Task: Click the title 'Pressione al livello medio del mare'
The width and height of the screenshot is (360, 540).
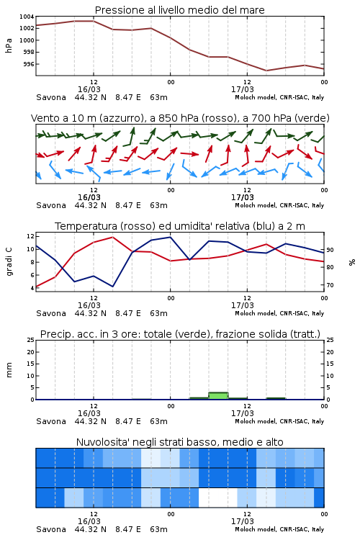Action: click(x=179, y=10)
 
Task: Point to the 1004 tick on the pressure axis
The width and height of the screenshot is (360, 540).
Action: click(x=27, y=17)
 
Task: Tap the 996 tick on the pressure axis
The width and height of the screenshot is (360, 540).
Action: click(x=29, y=64)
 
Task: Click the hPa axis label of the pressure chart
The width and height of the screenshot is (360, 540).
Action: click(x=9, y=45)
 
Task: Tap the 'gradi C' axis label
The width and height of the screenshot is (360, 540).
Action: click(x=9, y=262)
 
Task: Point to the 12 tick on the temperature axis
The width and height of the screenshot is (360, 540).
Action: click(x=30, y=236)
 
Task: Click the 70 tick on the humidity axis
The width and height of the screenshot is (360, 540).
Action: click(x=330, y=285)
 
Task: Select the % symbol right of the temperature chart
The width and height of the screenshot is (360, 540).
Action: click(x=352, y=262)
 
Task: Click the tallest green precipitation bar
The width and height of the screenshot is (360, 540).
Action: click(x=218, y=396)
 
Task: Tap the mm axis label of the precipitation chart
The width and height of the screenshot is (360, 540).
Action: click(x=9, y=369)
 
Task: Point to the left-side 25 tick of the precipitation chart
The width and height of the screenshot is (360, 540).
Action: click(x=31, y=340)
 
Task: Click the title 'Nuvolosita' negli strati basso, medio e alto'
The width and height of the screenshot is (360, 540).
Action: click(x=179, y=442)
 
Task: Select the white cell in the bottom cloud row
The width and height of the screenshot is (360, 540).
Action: click(x=218, y=498)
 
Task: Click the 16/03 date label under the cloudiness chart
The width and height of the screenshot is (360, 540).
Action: click(x=89, y=521)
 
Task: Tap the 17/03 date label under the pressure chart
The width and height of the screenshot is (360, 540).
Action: click(x=242, y=89)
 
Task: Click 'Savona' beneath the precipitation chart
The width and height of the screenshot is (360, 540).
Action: click(x=51, y=421)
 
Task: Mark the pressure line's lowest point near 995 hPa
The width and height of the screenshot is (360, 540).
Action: click(x=266, y=71)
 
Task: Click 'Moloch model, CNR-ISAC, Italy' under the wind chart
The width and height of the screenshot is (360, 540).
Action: click(x=279, y=205)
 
